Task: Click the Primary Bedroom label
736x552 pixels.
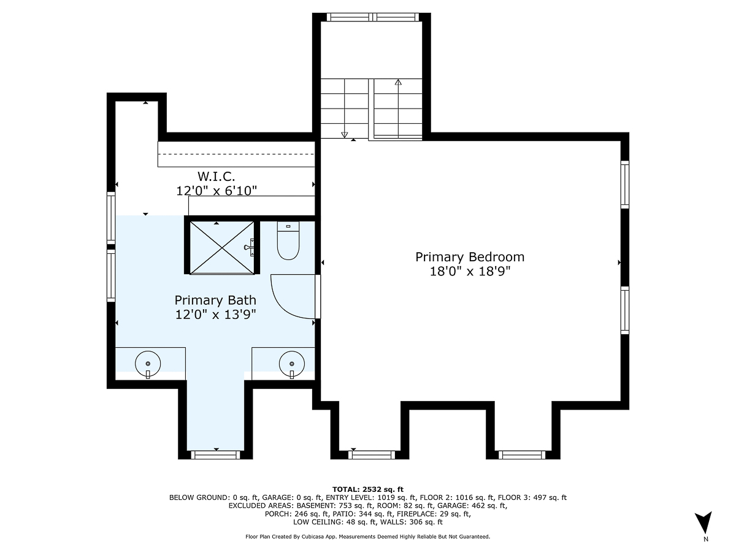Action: coord(470,257)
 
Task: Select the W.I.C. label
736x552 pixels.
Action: coord(216,177)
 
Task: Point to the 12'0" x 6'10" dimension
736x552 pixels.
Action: coord(216,191)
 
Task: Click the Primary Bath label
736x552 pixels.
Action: coord(215,300)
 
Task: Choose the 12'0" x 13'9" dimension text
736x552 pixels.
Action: coord(215,315)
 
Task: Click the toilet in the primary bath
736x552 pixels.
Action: coord(288,241)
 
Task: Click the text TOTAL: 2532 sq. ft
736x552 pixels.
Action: coord(368,489)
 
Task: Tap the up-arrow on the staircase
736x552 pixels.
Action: coord(398,83)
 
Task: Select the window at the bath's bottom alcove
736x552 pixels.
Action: coord(216,454)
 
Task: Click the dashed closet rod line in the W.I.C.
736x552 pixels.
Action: coord(236,154)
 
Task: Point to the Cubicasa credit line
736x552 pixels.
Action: coord(368,537)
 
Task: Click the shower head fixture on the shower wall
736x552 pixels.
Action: coord(250,247)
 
